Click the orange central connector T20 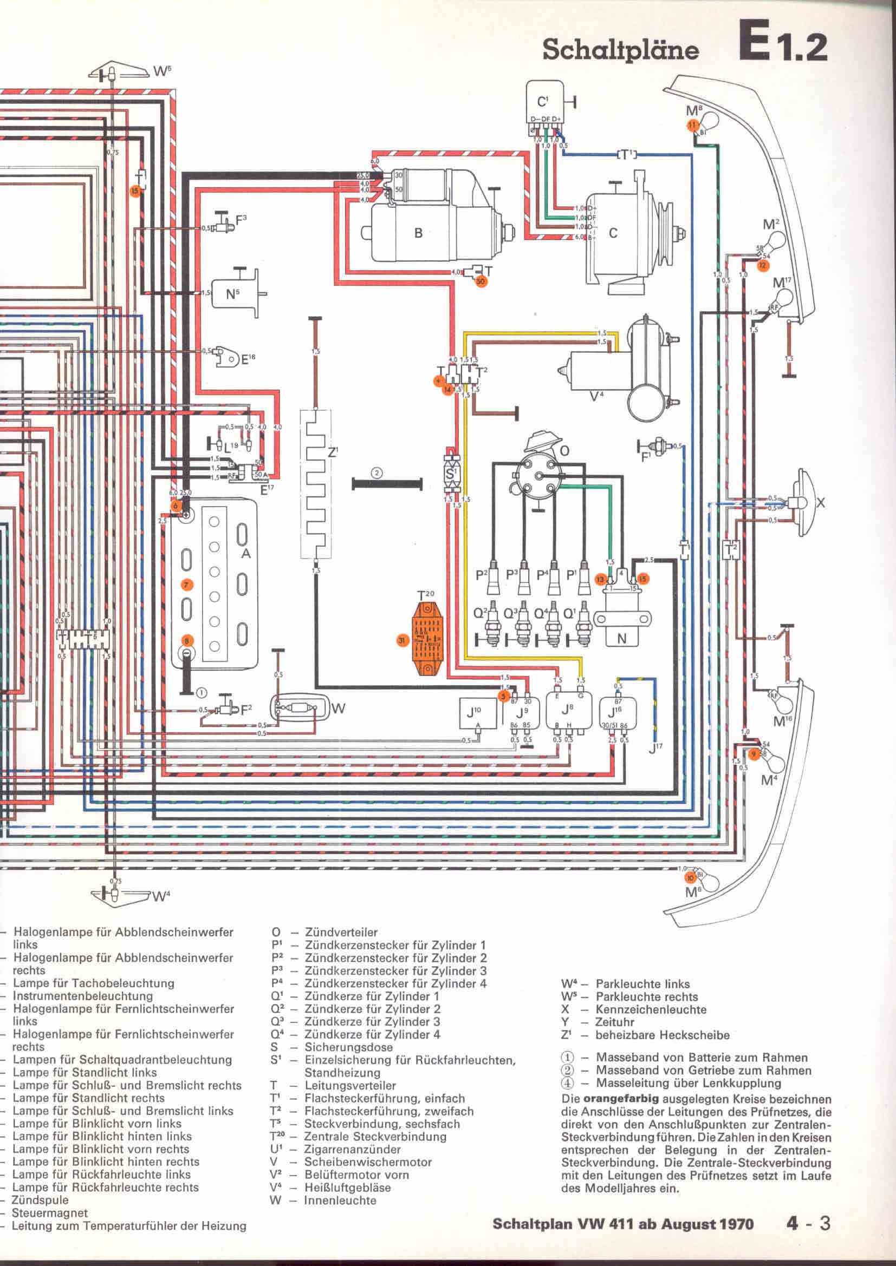point(428,640)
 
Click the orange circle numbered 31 point(401,640)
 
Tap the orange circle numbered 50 point(480,281)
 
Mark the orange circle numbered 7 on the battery point(186,584)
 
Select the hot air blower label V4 point(597,395)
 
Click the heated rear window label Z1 point(332,452)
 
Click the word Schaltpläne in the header point(621,50)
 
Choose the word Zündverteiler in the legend point(341,933)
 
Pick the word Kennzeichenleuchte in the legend point(651,1009)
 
